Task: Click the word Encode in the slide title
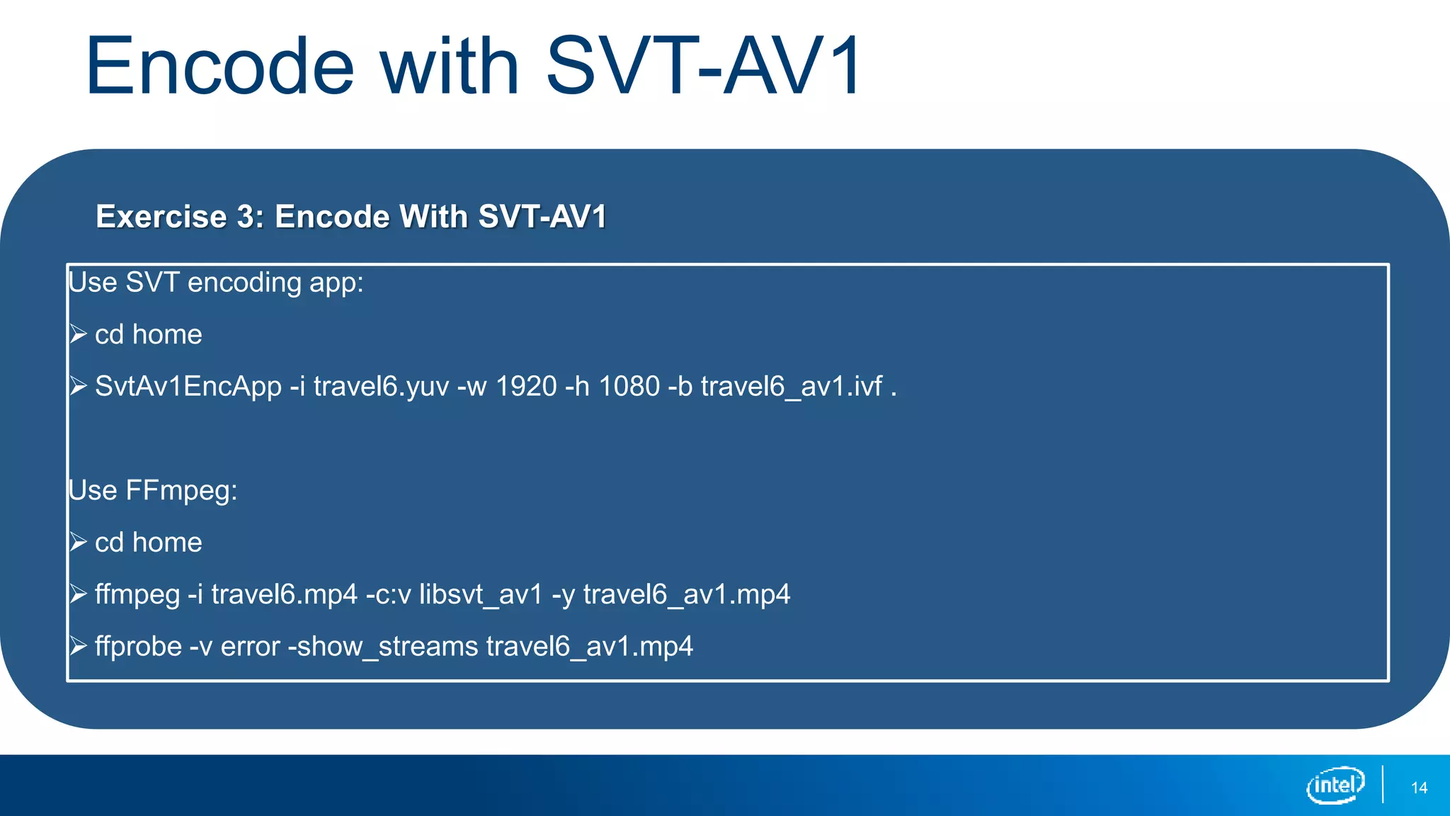coord(219,67)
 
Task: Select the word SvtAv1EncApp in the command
coord(188,387)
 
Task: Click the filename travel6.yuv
coord(381,387)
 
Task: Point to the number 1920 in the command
coord(526,387)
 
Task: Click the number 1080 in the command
coord(629,387)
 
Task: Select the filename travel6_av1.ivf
coord(792,387)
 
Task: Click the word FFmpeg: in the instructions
coord(181,491)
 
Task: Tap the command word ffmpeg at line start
coord(137,594)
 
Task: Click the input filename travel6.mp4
coord(284,594)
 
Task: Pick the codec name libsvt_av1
coord(481,594)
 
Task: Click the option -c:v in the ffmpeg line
coord(388,594)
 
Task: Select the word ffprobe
coord(138,647)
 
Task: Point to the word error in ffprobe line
coord(251,647)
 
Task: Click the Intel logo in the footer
coord(1335,786)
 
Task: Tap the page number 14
coord(1419,788)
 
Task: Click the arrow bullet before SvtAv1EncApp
coord(78,386)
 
